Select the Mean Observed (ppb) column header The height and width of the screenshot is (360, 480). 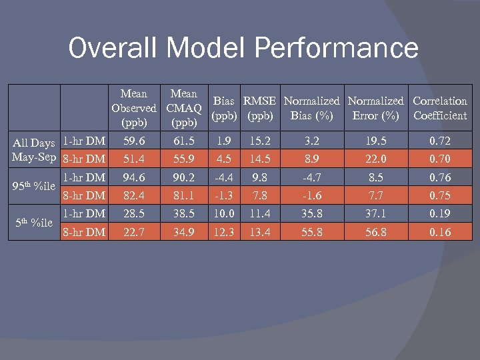tap(134, 108)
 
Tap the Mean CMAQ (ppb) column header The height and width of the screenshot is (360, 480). tap(184, 108)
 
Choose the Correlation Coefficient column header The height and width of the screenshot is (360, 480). tap(439, 108)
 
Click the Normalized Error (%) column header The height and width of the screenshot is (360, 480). tap(375, 108)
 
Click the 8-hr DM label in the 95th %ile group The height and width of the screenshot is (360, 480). tap(83, 195)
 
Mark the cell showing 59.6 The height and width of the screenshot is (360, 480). tap(134, 141)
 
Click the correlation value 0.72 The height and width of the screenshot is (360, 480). tap(439, 141)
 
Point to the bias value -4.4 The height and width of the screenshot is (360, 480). tap(223, 177)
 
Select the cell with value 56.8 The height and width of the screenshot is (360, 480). tap(375, 232)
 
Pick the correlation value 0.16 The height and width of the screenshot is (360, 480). tap(439, 232)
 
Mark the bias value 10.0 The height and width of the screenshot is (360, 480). tap(223, 214)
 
